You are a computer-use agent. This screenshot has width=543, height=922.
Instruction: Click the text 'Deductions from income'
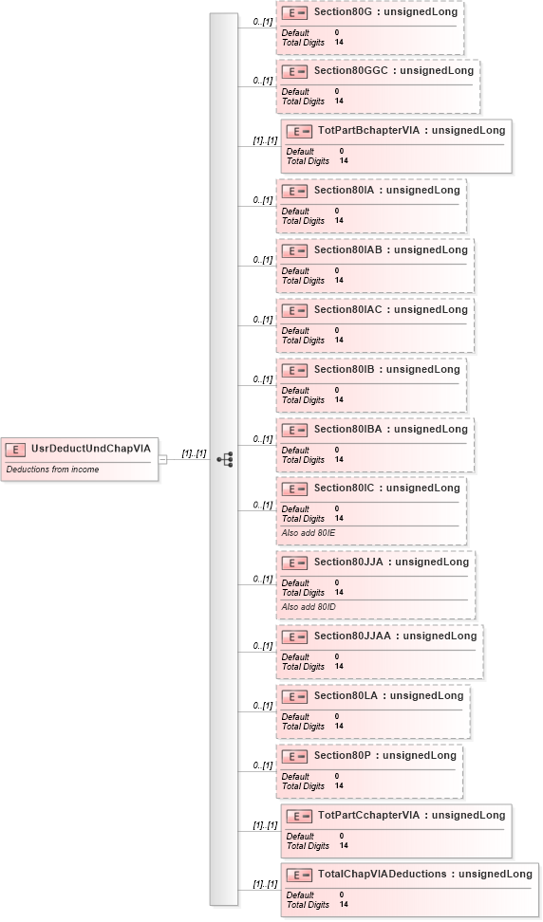click(52, 470)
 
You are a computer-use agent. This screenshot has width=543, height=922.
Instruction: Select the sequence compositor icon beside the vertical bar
click(225, 460)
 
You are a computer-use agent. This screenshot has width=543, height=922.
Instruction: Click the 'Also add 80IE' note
click(309, 533)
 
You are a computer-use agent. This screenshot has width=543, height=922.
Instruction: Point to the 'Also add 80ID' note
click(309, 606)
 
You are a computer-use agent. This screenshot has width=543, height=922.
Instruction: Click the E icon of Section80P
click(295, 756)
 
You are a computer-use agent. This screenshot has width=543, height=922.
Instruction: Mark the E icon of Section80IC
click(295, 489)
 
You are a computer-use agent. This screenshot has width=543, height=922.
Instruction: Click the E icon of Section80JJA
click(295, 562)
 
